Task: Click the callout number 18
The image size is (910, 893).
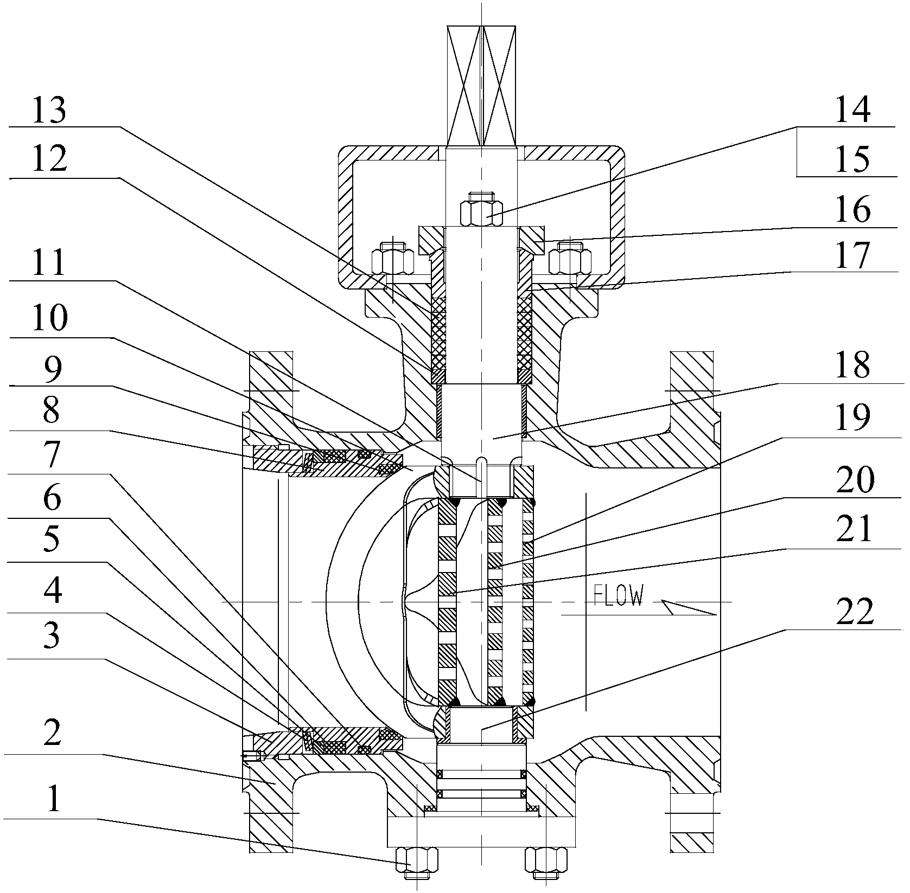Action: tap(853, 366)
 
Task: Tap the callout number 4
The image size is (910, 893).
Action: tap(53, 592)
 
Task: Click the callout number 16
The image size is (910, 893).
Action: tap(853, 210)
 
